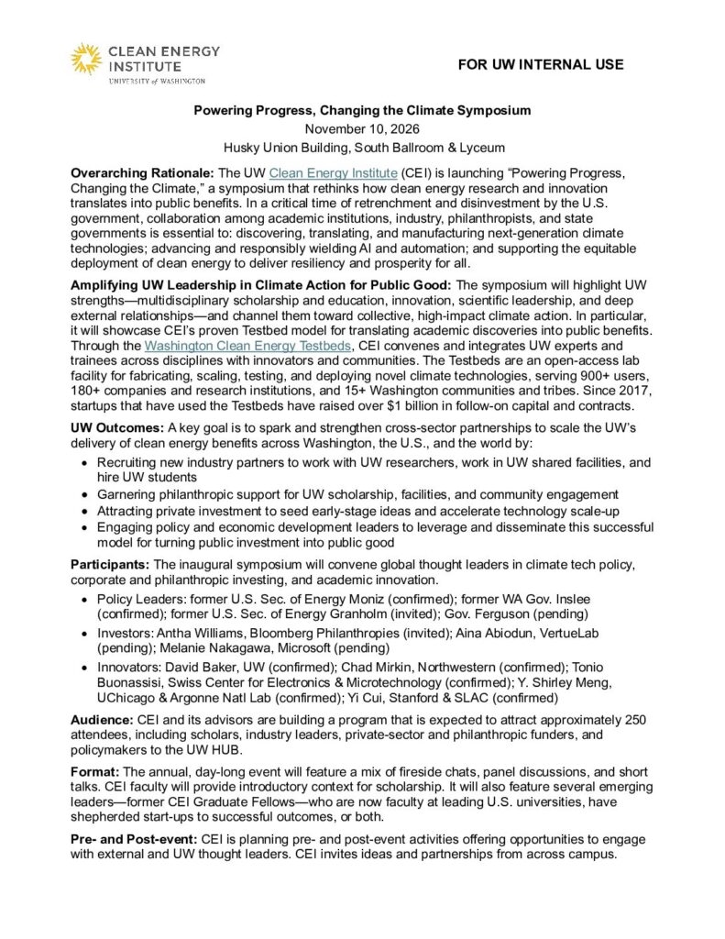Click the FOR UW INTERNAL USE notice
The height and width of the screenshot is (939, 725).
click(x=542, y=64)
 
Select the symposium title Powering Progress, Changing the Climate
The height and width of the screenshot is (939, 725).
click(x=362, y=110)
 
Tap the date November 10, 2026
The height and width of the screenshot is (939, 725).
click(x=362, y=128)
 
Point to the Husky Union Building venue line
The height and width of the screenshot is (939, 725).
click(x=362, y=147)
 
